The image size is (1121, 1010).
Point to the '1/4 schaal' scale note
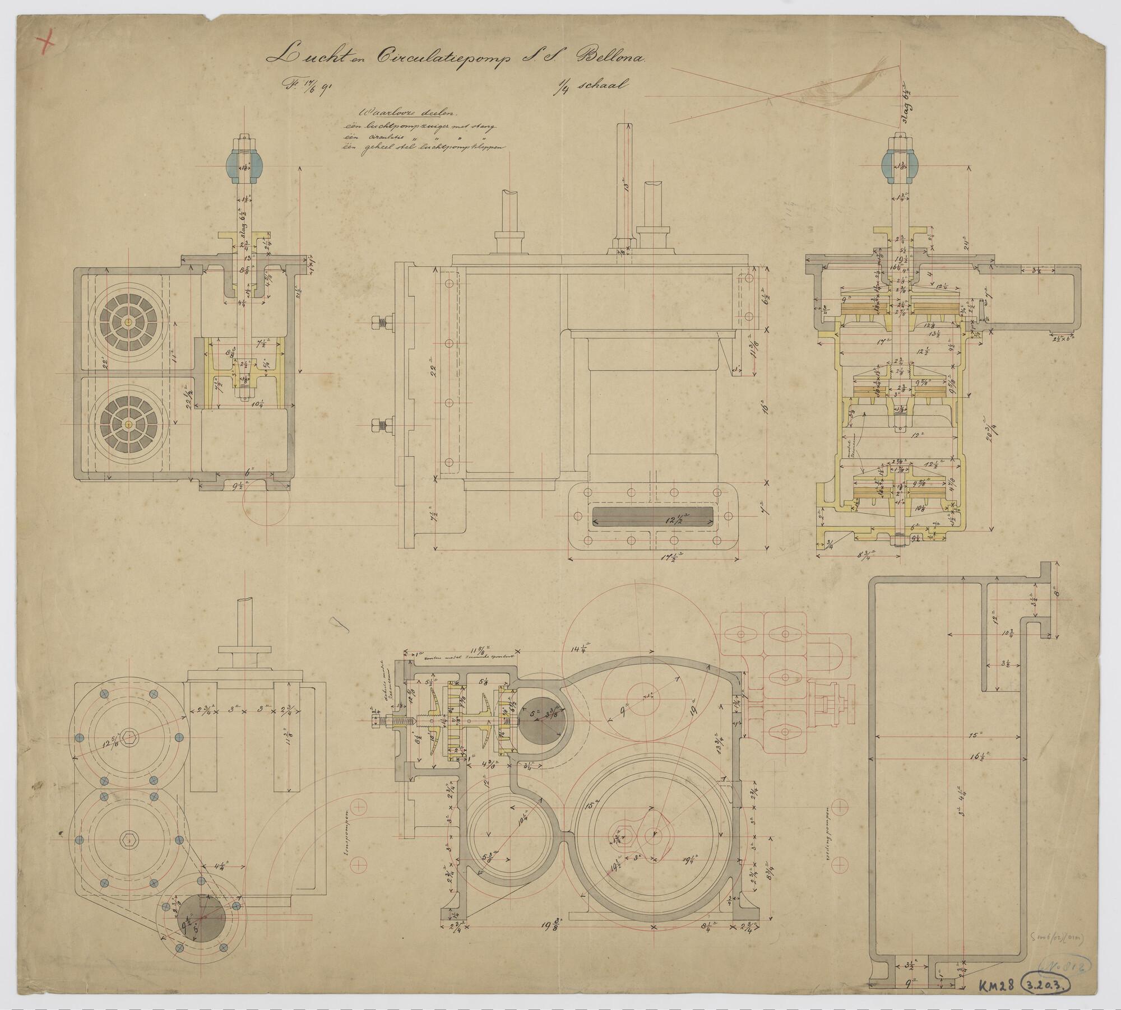[591, 86]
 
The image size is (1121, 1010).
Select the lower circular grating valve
[129, 424]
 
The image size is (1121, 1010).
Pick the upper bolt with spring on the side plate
[382, 323]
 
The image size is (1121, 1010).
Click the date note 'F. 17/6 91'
[306, 87]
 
